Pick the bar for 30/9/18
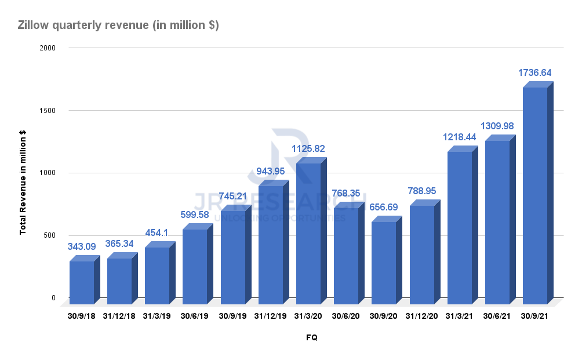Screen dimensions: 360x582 click(81, 282)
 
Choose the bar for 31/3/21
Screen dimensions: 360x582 click(459, 227)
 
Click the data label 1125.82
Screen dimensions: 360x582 click(308, 149)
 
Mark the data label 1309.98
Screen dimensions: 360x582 click(497, 126)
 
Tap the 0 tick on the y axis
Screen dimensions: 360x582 click(53, 298)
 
